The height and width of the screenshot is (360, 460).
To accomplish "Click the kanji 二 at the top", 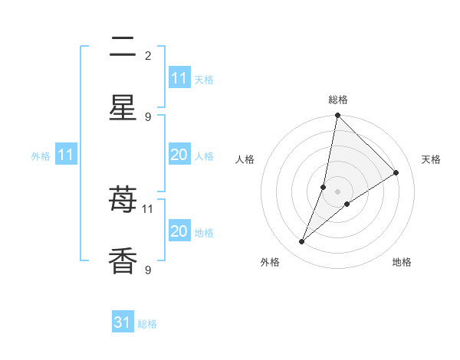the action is tap(123, 48).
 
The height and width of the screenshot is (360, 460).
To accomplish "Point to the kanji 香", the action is tap(123, 260).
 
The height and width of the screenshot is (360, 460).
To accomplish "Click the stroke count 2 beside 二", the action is tap(148, 55).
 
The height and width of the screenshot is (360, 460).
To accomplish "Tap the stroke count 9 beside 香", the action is tap(148, 270).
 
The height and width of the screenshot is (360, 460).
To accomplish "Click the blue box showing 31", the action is tap(123, 322).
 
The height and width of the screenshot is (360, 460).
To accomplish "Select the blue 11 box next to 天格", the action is tap(179, 78).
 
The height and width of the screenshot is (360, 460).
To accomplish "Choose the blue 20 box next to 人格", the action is tap(179, 155).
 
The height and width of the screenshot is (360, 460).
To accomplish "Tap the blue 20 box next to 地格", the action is tap(179, 231).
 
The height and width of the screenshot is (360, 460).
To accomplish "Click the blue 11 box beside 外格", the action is tap(66, 155).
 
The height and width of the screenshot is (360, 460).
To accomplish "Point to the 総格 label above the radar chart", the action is tap(338, 100).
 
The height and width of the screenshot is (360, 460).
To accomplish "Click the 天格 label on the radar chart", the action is tap(431, 159).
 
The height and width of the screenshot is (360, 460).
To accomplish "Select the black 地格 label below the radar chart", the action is tap(402, 262).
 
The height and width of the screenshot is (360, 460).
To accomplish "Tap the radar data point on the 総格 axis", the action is tap(337, 116).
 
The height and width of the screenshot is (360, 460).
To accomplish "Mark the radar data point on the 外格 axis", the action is tap(302, 242).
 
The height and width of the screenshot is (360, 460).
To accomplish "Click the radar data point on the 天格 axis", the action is tap(396, 173).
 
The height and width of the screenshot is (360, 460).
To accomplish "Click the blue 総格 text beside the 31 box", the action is tap(147, 324).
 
